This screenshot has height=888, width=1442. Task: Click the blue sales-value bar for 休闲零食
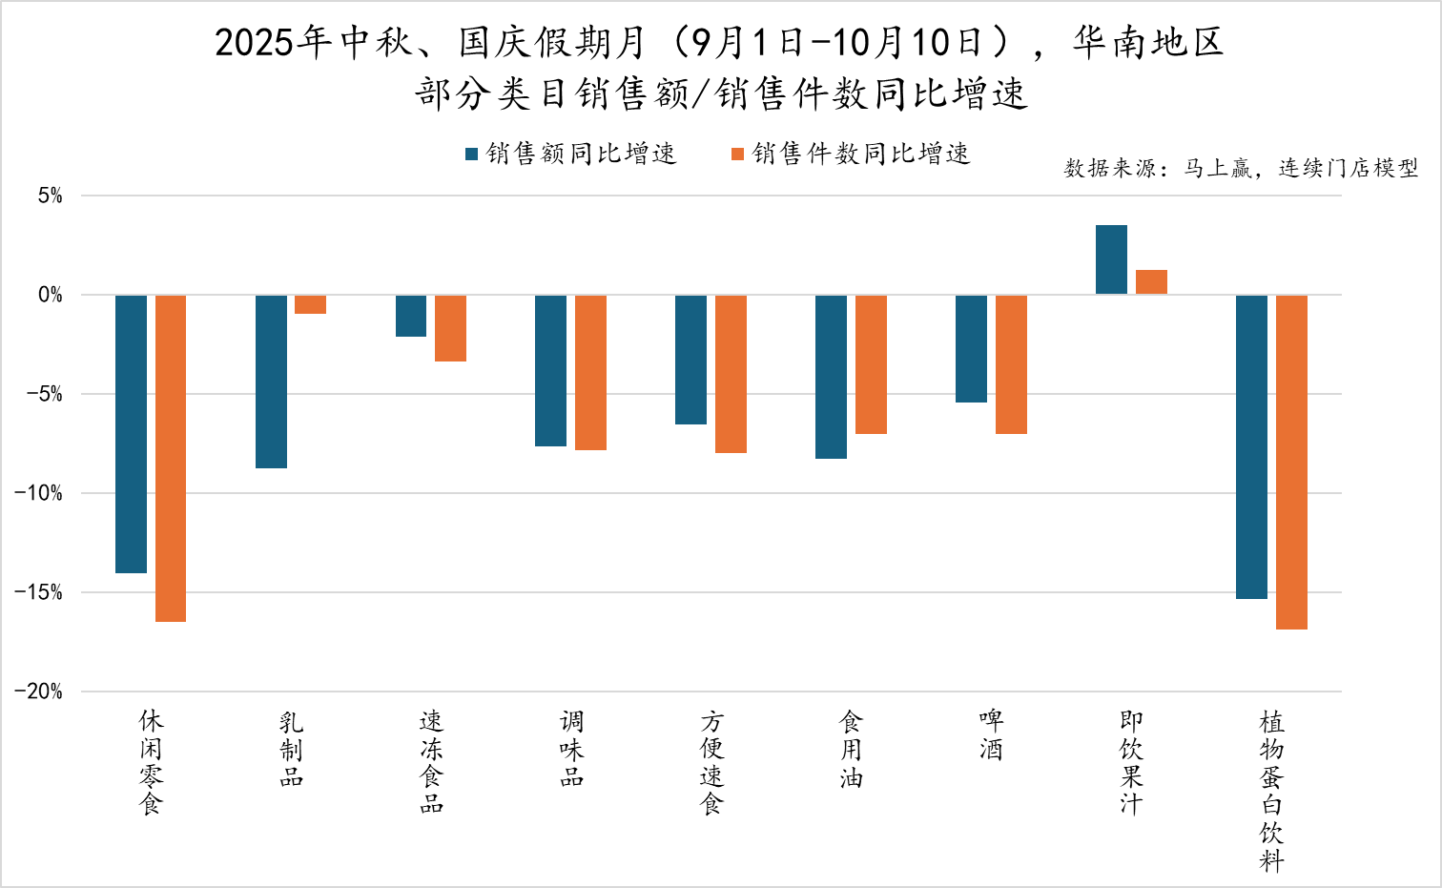tap(131, 434)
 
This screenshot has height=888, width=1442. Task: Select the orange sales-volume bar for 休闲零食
tap(171, 458)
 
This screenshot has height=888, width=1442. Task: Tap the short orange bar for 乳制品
tap(310, 304)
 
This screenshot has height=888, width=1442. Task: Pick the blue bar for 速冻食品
tap(411, 316)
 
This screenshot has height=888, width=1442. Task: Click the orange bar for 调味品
tap(590, 372)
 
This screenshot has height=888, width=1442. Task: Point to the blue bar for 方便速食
tap(690, 360)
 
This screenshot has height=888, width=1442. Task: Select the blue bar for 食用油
tap(831, 377)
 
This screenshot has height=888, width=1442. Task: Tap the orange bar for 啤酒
tap(1011, 364)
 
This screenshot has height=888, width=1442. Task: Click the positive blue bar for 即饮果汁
tap(1111, 259)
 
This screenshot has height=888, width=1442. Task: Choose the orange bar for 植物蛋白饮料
tap(1291, 462)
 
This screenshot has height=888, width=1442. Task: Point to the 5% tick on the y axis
tap(51, 196)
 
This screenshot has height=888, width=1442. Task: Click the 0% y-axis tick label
tap(51, 296)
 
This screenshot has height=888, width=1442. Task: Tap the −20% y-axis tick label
tap(39, 692)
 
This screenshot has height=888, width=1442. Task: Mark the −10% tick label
tap(39, 493)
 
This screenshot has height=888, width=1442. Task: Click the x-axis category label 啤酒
tap(991, 734)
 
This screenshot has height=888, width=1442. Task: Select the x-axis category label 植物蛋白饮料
tap(1271, 791)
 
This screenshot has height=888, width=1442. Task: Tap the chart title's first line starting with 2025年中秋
tap(719, 43)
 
